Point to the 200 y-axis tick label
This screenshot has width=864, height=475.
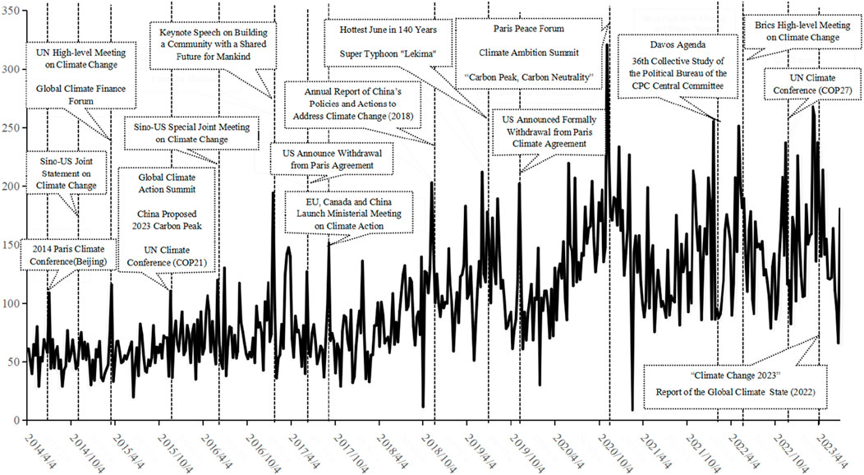click(x=11, y=187)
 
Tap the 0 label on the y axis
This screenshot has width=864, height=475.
click(x=18, y=421)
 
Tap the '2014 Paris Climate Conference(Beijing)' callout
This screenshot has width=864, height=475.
click(x=69, y=255)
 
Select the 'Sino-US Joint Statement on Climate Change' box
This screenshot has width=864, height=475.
click(x=68, y=175)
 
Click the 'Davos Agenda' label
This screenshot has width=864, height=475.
click(x=669, y=47)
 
